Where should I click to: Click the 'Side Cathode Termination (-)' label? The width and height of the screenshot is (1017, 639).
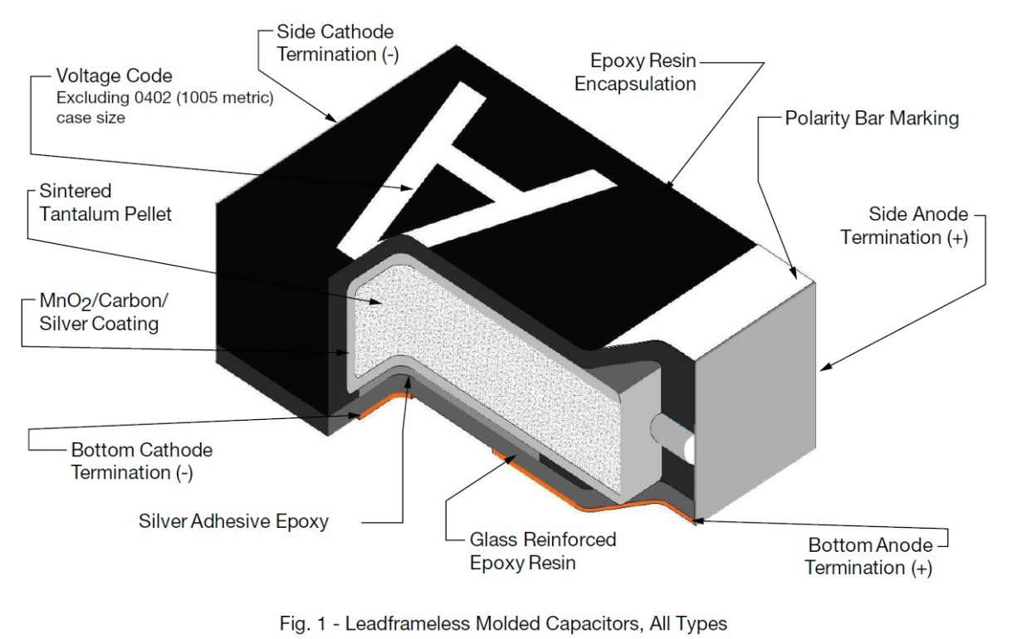click(337, 43)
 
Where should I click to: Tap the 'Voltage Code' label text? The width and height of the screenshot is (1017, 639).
click(114, 76)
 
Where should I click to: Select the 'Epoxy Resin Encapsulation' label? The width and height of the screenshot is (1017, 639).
click(635, 72)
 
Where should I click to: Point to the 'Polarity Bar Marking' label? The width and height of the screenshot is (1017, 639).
click(872, 119)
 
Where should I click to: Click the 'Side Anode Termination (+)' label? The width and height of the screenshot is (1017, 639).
click(904, 226)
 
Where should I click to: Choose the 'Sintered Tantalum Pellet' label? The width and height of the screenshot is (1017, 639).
click(105, 202)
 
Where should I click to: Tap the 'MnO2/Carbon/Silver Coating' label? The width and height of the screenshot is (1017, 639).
click(104, 312)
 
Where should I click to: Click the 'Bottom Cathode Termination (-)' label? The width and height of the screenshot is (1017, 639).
click(142, 461)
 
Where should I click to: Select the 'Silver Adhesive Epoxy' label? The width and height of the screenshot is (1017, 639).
click(233, 521)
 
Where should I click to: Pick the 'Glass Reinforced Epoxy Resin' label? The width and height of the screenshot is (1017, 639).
click(543, 551)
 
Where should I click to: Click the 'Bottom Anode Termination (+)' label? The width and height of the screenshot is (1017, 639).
click(868, 556)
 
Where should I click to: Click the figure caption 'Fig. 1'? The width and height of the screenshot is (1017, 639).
click(303, 623)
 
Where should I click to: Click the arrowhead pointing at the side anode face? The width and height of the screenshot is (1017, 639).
click(825, 368)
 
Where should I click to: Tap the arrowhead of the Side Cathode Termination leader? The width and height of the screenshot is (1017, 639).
click(331, 118)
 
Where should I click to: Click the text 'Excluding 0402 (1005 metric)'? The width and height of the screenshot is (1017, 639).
click(165, 98)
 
